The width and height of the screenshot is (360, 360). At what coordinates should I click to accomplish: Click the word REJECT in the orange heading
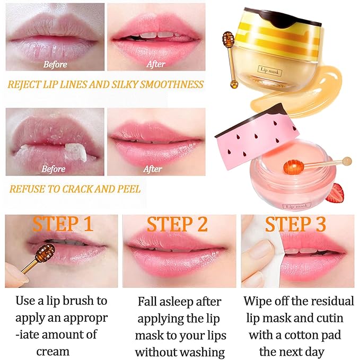pos(25,84)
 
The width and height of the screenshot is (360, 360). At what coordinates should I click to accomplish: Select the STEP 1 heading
pos(63,224)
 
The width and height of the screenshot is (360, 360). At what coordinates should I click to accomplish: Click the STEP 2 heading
pos(177,224)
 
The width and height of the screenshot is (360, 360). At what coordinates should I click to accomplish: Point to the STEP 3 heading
pos(295,224)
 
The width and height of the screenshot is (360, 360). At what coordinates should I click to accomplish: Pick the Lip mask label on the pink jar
pos(297,205)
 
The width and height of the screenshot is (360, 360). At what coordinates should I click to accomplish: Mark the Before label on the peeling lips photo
pos(54,169)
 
